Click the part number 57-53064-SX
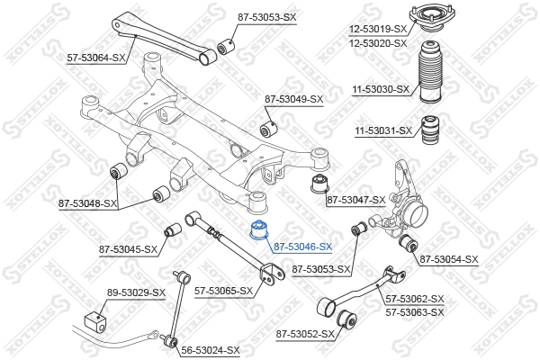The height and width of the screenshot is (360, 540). (x=96, y=58)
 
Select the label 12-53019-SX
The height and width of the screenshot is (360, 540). (x=378, y=29)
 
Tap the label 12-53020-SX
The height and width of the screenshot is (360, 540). (x=378, y=42)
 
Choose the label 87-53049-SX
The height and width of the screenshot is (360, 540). (x=293, y=98)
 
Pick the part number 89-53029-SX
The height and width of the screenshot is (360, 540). (x=136, y=292)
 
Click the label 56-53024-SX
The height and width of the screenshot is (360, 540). (x=211, y=350)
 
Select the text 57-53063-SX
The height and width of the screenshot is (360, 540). (x=415, y=311)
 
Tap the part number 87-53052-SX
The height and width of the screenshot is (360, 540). (x=304, y=334)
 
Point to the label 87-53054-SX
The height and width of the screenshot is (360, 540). (x=448, y=259)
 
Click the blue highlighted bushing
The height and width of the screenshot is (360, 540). (x=258, y=229)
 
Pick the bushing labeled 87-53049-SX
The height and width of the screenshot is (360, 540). (x=267, y=121)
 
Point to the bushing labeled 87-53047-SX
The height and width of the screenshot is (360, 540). (x=316, y=186)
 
